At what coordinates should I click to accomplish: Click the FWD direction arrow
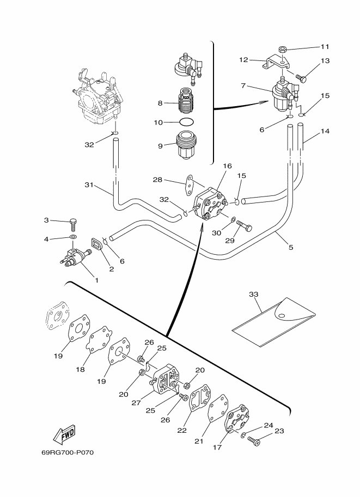coord(64,434)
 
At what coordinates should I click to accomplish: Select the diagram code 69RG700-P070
coord(68,452)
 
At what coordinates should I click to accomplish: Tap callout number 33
coord(253,294)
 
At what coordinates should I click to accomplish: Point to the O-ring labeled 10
coord(187,122)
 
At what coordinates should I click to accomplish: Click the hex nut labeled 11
coord(283,50)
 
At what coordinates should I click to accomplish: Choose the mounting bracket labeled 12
coord(276,62)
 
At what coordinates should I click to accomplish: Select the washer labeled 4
coord(74,237)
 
